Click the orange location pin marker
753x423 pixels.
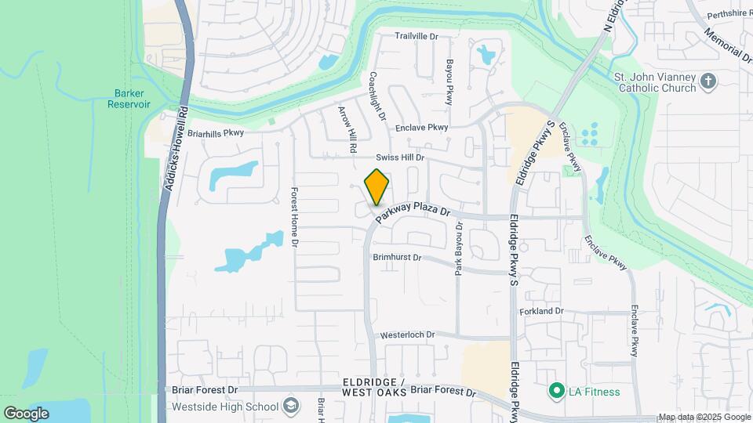[x=376, y=186]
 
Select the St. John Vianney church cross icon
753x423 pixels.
[x=708, y=80]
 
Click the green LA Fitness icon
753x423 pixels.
[x=557, y=390]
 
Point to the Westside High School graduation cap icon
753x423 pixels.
[x=291, y=406]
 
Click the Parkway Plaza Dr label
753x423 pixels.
[x=411, y=211]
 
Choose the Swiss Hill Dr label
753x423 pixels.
[x=400, y=157]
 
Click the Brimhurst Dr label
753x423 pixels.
[x=397, y=257]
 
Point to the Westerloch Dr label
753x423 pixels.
[x=407, y=334]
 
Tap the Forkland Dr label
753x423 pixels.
[x=541, y=311]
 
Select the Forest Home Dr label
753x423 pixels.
[x=295, y=217]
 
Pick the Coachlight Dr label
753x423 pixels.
[x=377, y=96]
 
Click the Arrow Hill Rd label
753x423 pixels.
[x=347, y=128]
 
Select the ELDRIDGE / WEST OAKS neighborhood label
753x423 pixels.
[x=374, y=386]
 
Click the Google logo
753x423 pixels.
[x=26, y=413]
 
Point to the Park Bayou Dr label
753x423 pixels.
[x=460, y=249]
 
